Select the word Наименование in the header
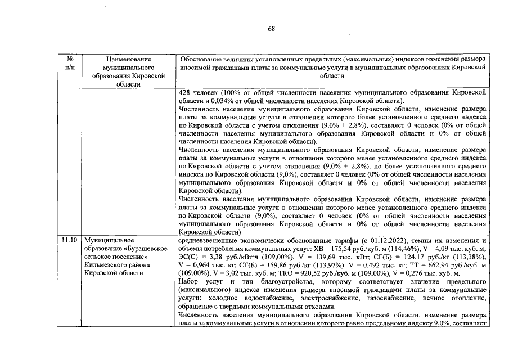point(129,58)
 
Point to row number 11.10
point(70,240)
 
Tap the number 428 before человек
point(184,92)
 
